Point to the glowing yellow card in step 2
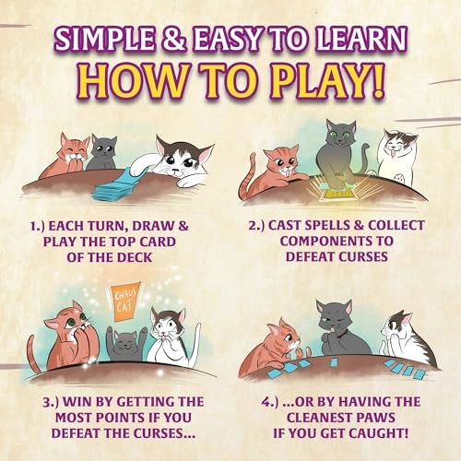pos(335,195)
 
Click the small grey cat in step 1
pos(102,153)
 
